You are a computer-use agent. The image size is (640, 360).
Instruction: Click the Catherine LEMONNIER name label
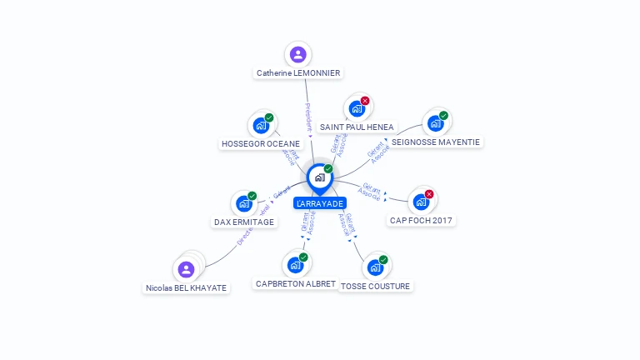coord(297,73)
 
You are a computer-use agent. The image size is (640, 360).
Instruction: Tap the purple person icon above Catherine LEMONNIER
coord(297,55)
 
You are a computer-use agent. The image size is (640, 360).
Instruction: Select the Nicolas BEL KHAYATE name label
coord(185,287)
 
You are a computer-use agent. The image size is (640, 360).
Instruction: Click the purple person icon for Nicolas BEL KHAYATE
coord(186,269)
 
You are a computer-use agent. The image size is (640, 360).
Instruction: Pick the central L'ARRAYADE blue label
coord(319,203)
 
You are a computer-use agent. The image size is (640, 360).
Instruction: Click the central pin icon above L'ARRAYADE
coord(318,177)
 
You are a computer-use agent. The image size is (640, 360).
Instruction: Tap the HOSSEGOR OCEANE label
coord(261,143)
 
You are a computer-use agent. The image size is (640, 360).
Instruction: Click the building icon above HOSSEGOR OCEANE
coord(261,126)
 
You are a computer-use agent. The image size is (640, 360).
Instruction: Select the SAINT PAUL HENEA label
coord(357,127)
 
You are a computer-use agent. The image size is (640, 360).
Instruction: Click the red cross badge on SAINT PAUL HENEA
coord(365,101)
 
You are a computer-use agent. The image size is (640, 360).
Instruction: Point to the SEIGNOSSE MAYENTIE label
coord(436,142)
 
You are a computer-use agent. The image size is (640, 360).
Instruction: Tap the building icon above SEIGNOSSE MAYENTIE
coord(435,124)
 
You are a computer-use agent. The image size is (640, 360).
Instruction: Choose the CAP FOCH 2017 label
coord(422,221)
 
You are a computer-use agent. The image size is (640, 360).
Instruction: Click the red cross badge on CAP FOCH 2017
coord(429,194)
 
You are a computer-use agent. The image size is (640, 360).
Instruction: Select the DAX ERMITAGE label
coord(243,222)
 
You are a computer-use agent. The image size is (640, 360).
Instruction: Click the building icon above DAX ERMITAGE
coord(243,203)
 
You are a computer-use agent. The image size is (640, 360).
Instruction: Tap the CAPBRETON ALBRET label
coord(295,283)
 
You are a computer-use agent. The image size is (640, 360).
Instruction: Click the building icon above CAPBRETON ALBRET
coord(294,265)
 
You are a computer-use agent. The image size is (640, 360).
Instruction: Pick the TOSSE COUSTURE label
coord(376,286)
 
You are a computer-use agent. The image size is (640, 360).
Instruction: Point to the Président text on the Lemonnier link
coord(307,117)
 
